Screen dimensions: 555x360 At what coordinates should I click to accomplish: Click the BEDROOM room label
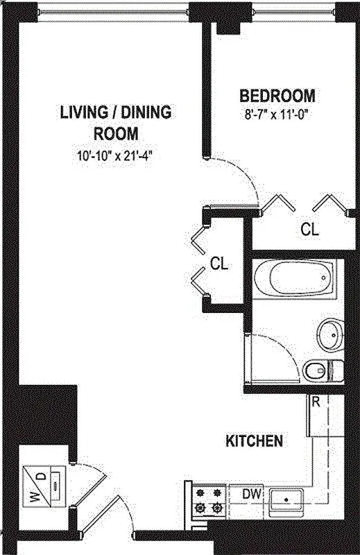[x=277, y=96]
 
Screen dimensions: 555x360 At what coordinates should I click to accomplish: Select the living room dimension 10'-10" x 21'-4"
[x=114, y=155]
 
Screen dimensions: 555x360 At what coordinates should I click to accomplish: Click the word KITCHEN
[x=255, y=441]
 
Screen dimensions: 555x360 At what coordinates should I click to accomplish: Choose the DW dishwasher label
[x=252, y=493]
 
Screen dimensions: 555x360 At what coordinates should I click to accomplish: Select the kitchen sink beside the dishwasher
[x=286, y=498]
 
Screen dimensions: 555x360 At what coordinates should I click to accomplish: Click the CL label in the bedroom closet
[x=309, y=230]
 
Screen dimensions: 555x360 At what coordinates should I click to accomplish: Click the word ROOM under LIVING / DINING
[x=115, y=133]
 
